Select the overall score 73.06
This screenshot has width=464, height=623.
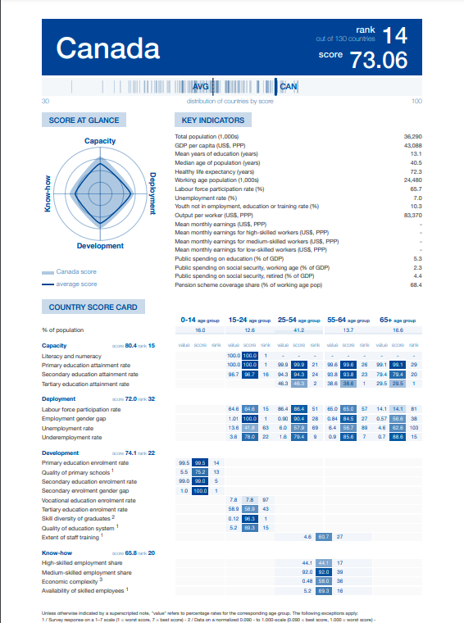378,60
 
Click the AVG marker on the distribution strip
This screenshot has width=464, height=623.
201,86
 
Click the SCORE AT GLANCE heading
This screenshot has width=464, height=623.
84,121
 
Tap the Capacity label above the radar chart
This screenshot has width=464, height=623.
100,142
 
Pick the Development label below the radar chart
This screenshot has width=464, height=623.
100,246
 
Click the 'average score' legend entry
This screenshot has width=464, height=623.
76,284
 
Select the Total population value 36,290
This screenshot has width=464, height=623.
412,135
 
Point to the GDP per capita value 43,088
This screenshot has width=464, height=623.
412,145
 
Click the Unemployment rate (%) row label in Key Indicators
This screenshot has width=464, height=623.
206,198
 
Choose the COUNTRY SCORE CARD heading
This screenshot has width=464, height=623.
93,307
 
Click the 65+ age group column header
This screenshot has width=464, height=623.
398,319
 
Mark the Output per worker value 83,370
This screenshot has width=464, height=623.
412,215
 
